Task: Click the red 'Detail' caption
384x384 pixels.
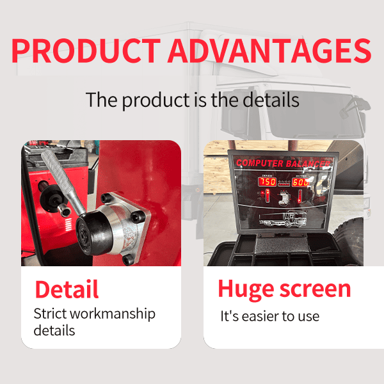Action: pyautogui.click(x=67, y=289)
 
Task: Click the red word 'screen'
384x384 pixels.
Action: pyautogui.click(x=317, y=289)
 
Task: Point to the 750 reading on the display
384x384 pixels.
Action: pyautogui.click(x=267, y=182)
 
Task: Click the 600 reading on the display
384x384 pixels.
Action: pyautogui.click(x=300, y=182)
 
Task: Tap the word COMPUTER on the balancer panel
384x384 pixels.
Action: pyautogui.click(x=260, y=163)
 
